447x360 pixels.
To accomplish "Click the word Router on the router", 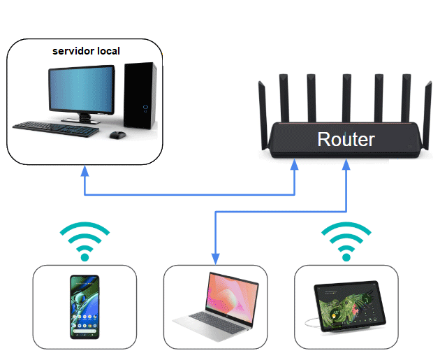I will click(x=346, y=139).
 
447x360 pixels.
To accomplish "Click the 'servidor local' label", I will click(x=87, y=51).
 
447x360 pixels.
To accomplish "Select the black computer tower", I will click(x=140, y=97).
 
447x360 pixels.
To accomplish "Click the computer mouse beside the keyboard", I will click(x=118, y=134).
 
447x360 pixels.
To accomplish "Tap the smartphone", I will click(x=84, y=307).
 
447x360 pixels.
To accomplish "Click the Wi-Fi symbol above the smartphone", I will click(x=85, y=240).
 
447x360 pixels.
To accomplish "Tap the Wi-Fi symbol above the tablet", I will click(x=345, y=240).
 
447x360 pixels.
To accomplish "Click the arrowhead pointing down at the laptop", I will click(x=215, y=257).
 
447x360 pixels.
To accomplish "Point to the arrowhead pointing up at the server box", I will click(x=85, y=170).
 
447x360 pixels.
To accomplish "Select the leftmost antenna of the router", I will click(x=263, y=105).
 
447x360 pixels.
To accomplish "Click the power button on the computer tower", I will click(x=145, y=108).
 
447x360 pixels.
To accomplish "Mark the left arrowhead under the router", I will click(x=295, y=168).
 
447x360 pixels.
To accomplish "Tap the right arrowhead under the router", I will click(x=346, y=168).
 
